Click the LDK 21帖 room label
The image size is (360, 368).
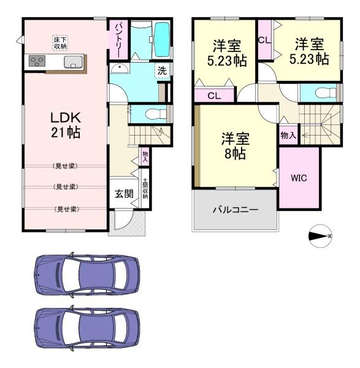pos(66,125)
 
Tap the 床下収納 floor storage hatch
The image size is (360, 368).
pos(60,43)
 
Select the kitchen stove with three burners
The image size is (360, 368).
pos(37,61)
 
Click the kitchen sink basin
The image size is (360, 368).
pos(74,62)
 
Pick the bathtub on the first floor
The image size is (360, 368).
pos(162,39)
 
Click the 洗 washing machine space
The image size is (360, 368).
pos(162,71)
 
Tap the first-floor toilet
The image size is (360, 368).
pos(155,114)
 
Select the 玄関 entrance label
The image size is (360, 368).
pos(124,194)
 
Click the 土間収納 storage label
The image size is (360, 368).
pos(145,188)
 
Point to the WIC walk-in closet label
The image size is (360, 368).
pos(299,178)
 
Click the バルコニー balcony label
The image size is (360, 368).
pos(236,209)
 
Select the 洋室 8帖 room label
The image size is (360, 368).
pos(236,146)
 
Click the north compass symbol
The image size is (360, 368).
pos(320,236)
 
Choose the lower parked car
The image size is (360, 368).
pos(87,328)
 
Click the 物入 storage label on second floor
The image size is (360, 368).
pos(288,135)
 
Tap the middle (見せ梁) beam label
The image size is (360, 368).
pos(66,187)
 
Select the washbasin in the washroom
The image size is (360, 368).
pos(120,68)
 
